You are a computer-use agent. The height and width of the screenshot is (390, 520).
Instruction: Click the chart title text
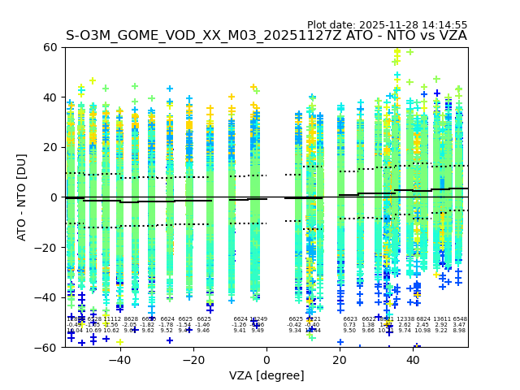(x=266, y=36)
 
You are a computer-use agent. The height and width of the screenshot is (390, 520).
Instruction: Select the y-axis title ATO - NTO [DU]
(x=22, y=197)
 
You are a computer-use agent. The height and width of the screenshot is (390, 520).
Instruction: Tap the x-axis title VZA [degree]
(x=266, y=375)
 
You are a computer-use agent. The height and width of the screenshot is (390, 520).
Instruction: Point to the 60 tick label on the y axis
(x=50, y=47)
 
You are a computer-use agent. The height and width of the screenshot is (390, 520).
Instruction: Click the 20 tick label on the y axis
(x=50, y=147)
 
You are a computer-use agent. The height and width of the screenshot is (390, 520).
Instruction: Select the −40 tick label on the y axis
(x=47, y=297)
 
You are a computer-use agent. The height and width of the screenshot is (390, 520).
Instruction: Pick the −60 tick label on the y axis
(x=47, y=348)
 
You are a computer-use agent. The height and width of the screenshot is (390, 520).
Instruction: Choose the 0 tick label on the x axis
(x=266, y=359)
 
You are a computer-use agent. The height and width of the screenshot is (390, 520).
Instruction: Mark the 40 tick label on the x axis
(x=414, y=359)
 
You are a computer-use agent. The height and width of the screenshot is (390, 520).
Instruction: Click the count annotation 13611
(x=441, y=319)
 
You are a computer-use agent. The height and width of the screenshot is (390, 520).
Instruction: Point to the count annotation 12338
(x=405, y=319)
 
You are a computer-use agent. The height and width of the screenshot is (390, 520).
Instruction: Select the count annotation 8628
(x=131, y=319)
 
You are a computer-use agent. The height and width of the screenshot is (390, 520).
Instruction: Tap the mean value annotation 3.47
(x=459, y=325)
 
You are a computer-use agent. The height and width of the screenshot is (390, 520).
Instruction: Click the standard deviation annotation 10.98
(x=422, y=331)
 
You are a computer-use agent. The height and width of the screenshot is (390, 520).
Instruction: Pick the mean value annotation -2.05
(x=130, y=325)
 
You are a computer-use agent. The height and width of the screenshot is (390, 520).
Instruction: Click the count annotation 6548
(x=459, y=319)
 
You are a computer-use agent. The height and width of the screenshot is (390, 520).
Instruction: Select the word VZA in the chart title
(x=452, y=36)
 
